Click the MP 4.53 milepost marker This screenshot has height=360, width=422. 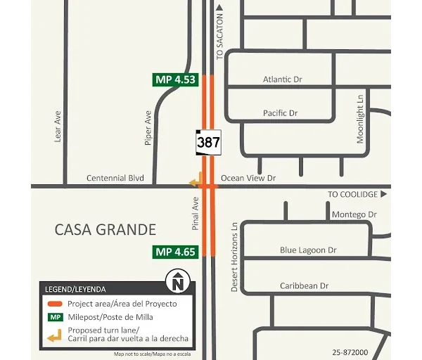[175, 79]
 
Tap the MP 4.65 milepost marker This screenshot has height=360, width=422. [175, 252]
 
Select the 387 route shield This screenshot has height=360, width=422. [208, 142]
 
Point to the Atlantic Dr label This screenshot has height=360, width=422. [282, 79]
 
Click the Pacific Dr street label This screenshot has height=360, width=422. [280, 113]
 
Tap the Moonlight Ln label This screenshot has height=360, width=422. [360, 120]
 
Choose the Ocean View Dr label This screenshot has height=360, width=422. [248, 179]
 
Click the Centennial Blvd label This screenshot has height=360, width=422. [115, 179]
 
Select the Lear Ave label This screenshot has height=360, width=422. [58, 127]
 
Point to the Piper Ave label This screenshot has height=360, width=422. [148, 127]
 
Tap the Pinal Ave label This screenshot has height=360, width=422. [196, 213]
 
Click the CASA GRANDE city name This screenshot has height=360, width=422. [105, 229]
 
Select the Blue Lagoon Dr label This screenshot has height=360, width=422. [308, 250]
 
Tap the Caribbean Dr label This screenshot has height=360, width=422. [304, 286]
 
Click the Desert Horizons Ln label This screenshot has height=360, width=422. [235, 257]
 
